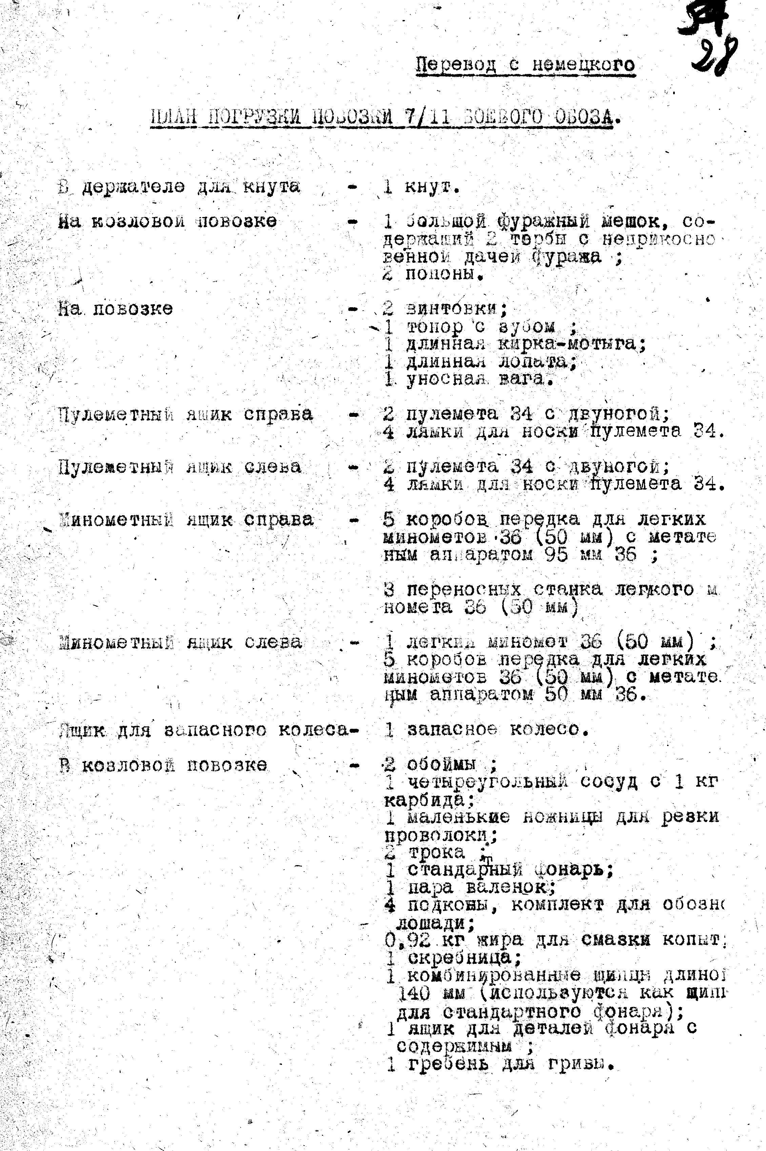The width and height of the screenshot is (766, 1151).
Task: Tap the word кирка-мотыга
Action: tap(571, 344)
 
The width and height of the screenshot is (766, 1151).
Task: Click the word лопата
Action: tap(537, 362)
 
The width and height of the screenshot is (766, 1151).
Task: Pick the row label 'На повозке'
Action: tap(115, 309)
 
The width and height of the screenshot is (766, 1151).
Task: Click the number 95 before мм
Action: tap(557, 555)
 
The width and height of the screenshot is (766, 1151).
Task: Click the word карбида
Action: tap(428, 800)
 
